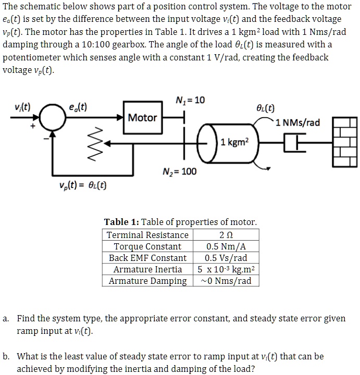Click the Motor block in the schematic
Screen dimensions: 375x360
(142, 118)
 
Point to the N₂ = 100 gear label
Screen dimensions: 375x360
(180, 171)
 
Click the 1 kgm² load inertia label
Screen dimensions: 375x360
(235, 141)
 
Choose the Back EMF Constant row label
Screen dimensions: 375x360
(147, 258)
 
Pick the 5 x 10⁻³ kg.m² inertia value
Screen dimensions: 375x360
(226, 269)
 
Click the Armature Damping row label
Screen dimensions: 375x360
(147, 281)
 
